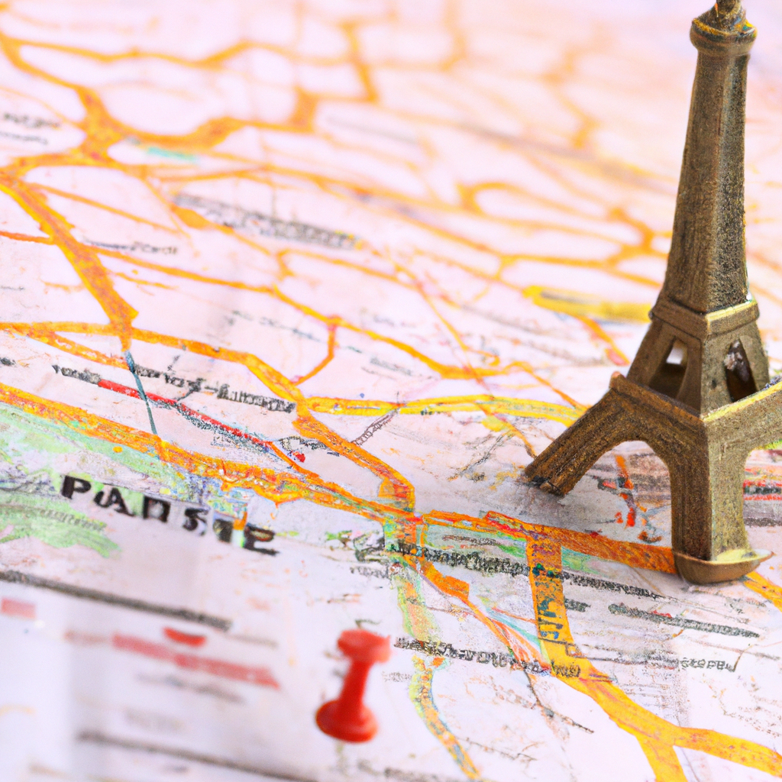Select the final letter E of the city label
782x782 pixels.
[x=260, y=539]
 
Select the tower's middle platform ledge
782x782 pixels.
[x=706, y=313]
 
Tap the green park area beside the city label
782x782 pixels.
[x=46, y=519]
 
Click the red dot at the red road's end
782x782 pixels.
[x=300, y=457]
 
